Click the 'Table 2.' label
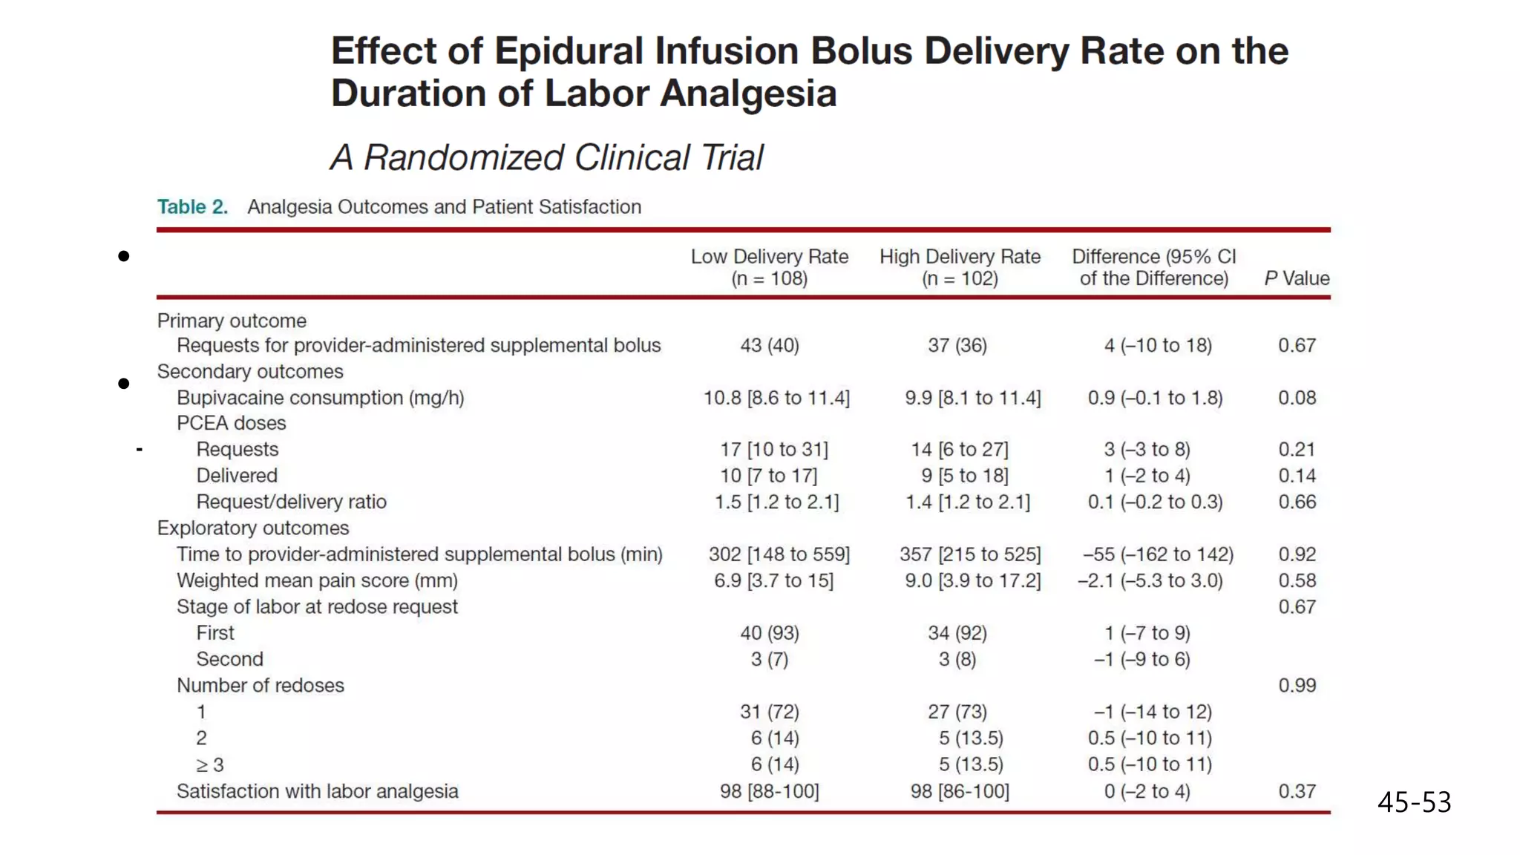(x=192, y=207)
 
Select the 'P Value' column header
(x=1297, y=278)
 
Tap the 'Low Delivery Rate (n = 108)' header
(x=769, y=267)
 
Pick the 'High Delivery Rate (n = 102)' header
(x=960, y=267)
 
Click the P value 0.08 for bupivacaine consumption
(x=1297, y=398)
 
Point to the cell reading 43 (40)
(x=770, y=346)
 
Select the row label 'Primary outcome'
(x=232, y=321)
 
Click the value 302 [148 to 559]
(x=779, y=554)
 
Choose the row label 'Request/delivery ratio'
(x=291, y=502)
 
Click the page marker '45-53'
(x=1414, y=802)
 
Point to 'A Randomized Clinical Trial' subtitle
(x=547, y=157)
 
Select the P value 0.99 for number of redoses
(x=1297, y=686)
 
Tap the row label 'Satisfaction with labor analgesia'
(x=317, y=791)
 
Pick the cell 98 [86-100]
(x=960, y=791)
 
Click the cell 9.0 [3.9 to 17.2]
(x=972, y=580)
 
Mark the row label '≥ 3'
(x=210, y=764)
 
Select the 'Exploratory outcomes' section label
(x=252, y=528)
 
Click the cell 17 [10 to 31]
(x=774, y=450)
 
